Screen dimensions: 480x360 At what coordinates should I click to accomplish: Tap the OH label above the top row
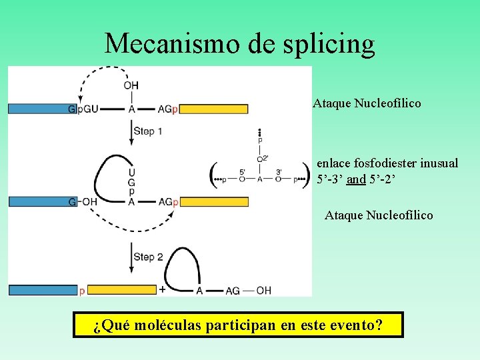[x=131, y=85]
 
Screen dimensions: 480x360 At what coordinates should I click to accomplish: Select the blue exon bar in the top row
[x=37, y=109]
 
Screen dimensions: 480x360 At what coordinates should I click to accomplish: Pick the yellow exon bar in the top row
[x=214, y=109]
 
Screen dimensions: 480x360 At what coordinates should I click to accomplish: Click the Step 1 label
[x=147, y=131]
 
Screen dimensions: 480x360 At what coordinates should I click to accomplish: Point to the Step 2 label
[x=147, y=257]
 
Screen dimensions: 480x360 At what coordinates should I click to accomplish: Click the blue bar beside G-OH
[x=37, y=201]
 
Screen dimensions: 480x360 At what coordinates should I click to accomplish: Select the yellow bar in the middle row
[x=214, y=201]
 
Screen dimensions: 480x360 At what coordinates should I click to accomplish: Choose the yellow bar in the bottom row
[x=121, y=290]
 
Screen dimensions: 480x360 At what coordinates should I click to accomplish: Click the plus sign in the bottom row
[x=163, y=289]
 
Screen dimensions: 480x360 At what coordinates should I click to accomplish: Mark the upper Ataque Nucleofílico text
[x=367, y=103]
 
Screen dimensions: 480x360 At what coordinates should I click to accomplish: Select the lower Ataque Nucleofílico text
[x=379, y=215]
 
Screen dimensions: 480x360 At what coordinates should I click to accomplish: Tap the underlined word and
[x=356, y=179]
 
